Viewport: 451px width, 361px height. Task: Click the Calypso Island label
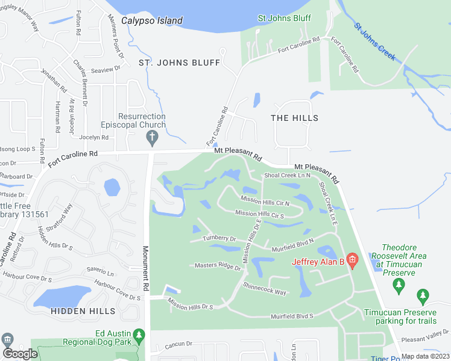(152, 20)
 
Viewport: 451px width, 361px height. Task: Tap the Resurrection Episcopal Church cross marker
(152, 139)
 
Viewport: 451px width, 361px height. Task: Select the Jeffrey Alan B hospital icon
(353, 261)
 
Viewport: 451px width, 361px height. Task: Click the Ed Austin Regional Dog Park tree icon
(139, 333)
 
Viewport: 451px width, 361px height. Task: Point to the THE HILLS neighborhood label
(294, 118)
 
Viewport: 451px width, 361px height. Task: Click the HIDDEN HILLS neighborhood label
(83, 311)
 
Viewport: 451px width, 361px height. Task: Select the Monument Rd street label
(145, 271)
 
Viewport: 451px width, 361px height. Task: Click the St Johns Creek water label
(375, 42)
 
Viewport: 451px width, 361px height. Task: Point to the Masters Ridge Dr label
(217, 265)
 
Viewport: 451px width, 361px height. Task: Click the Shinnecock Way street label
(264, 288)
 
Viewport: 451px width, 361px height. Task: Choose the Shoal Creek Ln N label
(288, 175)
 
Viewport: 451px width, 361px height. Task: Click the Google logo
(20, 353)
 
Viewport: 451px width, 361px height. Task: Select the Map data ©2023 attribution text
(425, 356)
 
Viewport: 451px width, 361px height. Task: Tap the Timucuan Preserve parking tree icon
(423, 295)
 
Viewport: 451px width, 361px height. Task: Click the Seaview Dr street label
(106, 70)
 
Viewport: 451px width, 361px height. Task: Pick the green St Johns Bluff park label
(285, 18)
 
